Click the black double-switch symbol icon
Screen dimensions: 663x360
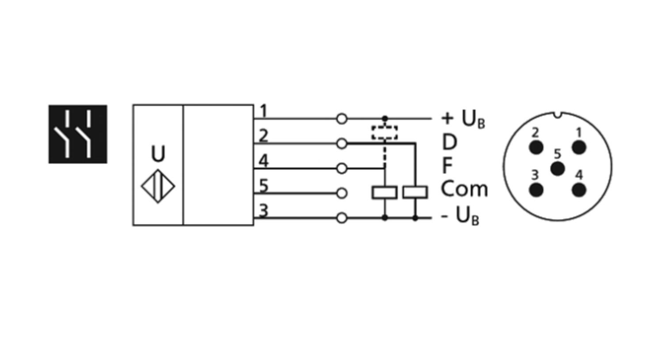coord(78,134)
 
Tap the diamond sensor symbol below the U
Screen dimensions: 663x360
coord(158,186)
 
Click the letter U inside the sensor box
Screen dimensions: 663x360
coord(158,153)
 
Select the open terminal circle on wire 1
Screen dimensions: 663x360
coord(342,119)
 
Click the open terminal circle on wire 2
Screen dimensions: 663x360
coord(342,144)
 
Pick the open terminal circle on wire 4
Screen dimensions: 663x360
coord(342,169)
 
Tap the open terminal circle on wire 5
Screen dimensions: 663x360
coord(342,193)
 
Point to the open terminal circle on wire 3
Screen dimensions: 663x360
coord(342,218)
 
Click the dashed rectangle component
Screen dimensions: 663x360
coord(385,132)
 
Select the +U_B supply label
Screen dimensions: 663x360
coord(463,119)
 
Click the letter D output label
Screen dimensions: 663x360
coord(450,142)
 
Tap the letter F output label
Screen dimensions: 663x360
coord(447,165)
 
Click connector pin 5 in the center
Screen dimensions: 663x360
coord(558,169)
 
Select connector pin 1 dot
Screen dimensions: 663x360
coord(579,147)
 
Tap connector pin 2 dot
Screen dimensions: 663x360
coord(536,147)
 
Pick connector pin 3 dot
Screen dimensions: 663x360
coord(536,190)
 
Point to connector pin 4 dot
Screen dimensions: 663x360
coord(579,190)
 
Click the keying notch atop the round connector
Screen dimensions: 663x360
coord(558,115)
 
